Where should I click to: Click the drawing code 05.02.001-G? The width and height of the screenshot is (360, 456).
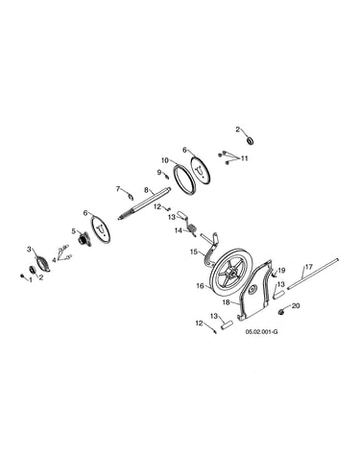pyautogui.click(x=261, y=332)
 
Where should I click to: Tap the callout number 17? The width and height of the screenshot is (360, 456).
pyautogui.click(x=309, y=266)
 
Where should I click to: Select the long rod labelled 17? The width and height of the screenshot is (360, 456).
pyautogui.click(x=313, y=275)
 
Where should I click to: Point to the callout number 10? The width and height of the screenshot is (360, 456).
pyautogui.click(x=164, y=160)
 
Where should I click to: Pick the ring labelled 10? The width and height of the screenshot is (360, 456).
pyautogui.click(x=185, y=179)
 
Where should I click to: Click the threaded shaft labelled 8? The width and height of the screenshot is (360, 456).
pyautogui.click(x=144, y=204)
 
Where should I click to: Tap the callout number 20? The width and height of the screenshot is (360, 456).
pyautogui.click(x=296, y=306)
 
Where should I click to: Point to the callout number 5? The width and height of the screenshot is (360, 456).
pyautogui.click(x=73, y=230)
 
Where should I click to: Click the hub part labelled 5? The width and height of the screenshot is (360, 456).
pyautogui.click(x=84, y=239)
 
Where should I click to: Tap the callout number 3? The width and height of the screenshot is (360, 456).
pyautogui.click(x=29, y=249)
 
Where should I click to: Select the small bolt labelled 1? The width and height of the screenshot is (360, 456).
pyautogui.click(x=22, y=276)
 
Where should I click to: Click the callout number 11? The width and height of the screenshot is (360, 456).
pyautogui.click(x=245, y=158)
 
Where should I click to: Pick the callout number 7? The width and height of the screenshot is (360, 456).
pyautogui.click(x=118, y=189)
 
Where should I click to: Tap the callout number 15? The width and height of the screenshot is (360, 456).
pyautogui.click(x=194, y=252)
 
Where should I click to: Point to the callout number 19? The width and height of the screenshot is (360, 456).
pyautogui.click(x=281, y=271)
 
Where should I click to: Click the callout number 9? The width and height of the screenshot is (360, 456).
pyautogui.click(x=159, y=173)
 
